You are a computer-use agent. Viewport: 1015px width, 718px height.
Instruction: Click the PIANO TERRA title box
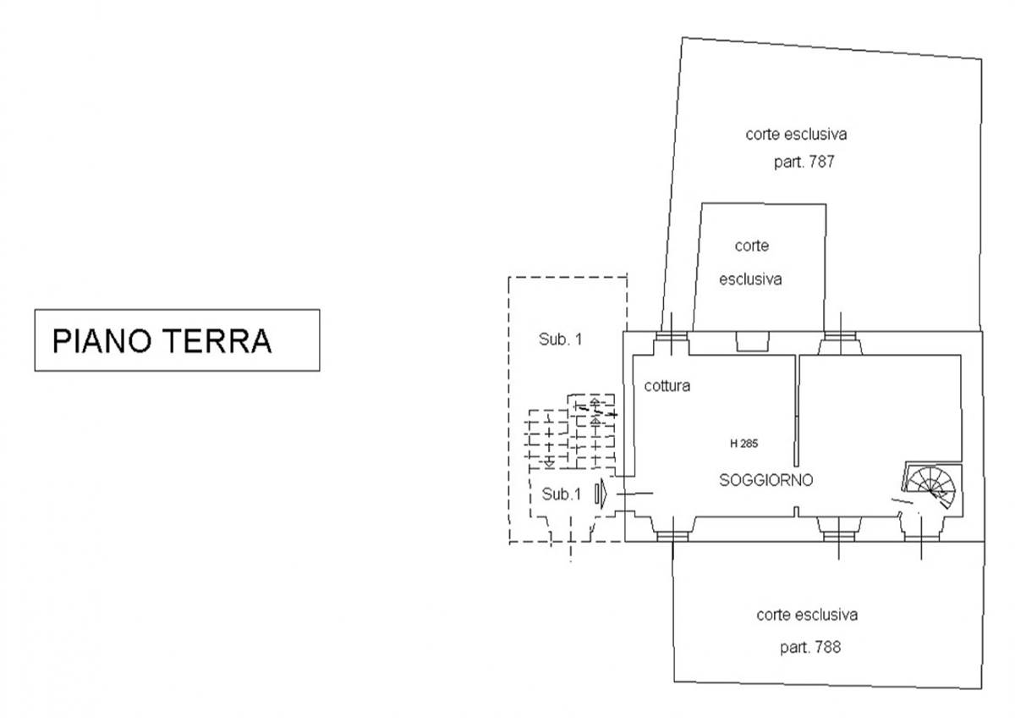coord(176,340)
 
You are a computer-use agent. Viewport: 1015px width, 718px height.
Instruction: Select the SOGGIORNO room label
coord(765,480)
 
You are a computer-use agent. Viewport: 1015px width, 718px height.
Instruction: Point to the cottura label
coord(667,386)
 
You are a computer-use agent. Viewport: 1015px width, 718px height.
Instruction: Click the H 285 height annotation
coord(744,442)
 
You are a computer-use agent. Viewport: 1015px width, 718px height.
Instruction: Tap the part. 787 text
coord(804,162)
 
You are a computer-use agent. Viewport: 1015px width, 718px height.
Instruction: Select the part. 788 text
coord(809,648)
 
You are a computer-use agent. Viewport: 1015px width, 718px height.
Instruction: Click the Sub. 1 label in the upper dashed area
coord(561,340)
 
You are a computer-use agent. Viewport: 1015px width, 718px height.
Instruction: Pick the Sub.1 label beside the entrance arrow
coord(561,494)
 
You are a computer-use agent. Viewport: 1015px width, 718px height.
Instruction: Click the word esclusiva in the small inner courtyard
coord(750,279)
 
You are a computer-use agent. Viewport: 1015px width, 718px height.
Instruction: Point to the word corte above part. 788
coord(774,615)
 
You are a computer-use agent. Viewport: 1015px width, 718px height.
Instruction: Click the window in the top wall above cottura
coord(673,342)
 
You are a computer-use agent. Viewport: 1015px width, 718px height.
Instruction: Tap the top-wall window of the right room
coord(841,342)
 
